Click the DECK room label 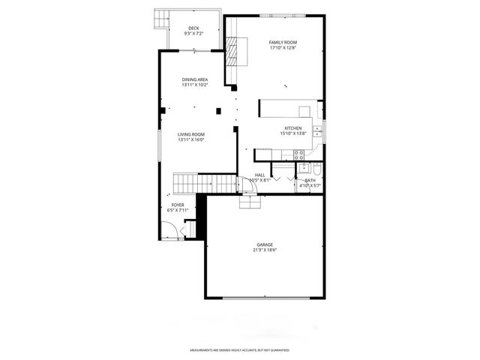coord(194,28)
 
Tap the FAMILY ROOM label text coord(283,42)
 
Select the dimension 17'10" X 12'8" coord(283,48)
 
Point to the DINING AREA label coord(194,79)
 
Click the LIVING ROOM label coord(191,134)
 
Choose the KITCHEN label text coord(292,128)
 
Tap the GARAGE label coord(265,244)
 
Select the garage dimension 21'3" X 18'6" coord(265,250)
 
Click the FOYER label coord(178,205)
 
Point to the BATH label coord(310,180)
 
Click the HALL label coord(259,175)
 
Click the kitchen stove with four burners coord(299,155)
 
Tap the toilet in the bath coord(317,169)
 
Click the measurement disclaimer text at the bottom coord(240,350)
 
